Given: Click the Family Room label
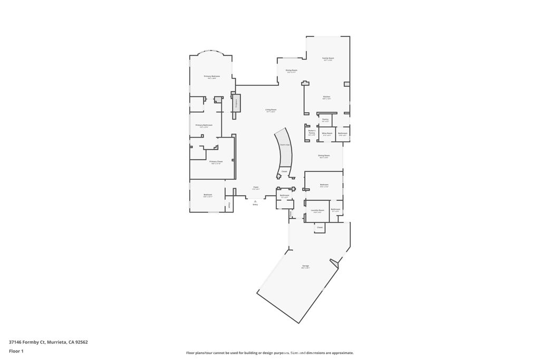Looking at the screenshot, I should point(329,58).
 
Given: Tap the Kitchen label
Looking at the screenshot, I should point(326,96).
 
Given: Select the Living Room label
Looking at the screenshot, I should point(271,110).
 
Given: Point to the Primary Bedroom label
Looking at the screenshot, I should point(212,76).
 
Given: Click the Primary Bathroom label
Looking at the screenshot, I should point(204,125).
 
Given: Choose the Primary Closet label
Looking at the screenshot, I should point(216,161).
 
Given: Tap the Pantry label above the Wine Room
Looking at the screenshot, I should point(325,120).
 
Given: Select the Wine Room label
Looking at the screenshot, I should point(327,133).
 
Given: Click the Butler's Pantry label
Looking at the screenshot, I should point(312,132).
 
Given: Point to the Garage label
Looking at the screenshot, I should point(305,266).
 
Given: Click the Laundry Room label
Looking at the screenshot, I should point(317,210).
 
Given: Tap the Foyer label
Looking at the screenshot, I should point(255,187).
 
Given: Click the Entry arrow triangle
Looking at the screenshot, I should point(255,200).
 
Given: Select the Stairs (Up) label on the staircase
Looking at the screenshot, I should point(284,144).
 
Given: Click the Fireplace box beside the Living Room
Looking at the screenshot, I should point(237,103).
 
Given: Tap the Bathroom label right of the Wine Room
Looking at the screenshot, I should point(343,133).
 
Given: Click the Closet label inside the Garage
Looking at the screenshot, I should point(320,227).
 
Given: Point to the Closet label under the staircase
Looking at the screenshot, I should point(284,171).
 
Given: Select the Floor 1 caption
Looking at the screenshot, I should point(16,351).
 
